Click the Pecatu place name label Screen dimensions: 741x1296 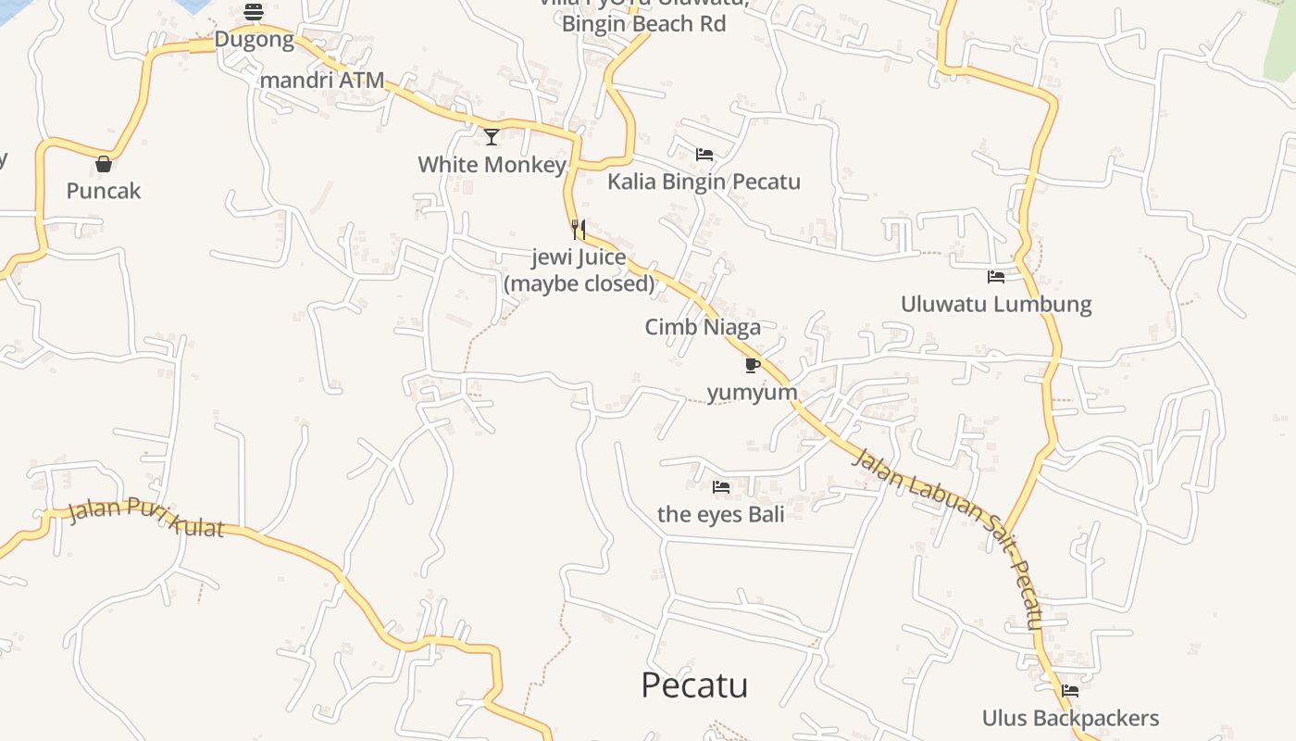pos(694,685)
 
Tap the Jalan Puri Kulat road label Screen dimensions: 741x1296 pos(146,517)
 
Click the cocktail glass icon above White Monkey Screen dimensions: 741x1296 pos(492,137)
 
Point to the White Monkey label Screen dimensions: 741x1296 pos(492,165)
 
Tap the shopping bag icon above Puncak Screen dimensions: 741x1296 pos(104,164)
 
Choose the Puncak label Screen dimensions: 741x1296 pos(104,191)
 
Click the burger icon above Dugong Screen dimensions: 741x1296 pos(254,12)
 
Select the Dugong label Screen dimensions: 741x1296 pos(254,40)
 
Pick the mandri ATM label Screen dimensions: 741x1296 pos(322,80)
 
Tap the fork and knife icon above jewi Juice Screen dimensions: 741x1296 pos(579,229)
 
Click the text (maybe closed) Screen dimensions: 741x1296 pos(579,283)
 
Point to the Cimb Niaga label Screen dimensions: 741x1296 pos(703,327)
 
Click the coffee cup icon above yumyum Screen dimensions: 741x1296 pos(753,365)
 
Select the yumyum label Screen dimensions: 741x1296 pos(753,392)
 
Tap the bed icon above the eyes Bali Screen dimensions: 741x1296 pos(721,486)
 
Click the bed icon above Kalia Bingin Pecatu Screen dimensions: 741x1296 pos(704,154)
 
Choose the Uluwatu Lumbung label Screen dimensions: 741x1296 pos(996,304)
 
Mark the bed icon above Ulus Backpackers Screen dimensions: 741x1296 pos(1070,690)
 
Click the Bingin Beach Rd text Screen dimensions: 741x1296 pos(643,24)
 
